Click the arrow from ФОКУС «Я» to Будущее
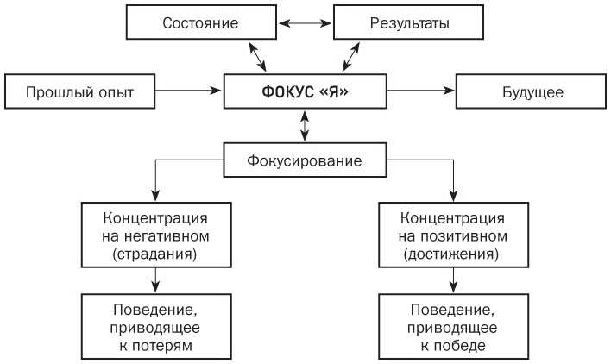418,89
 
